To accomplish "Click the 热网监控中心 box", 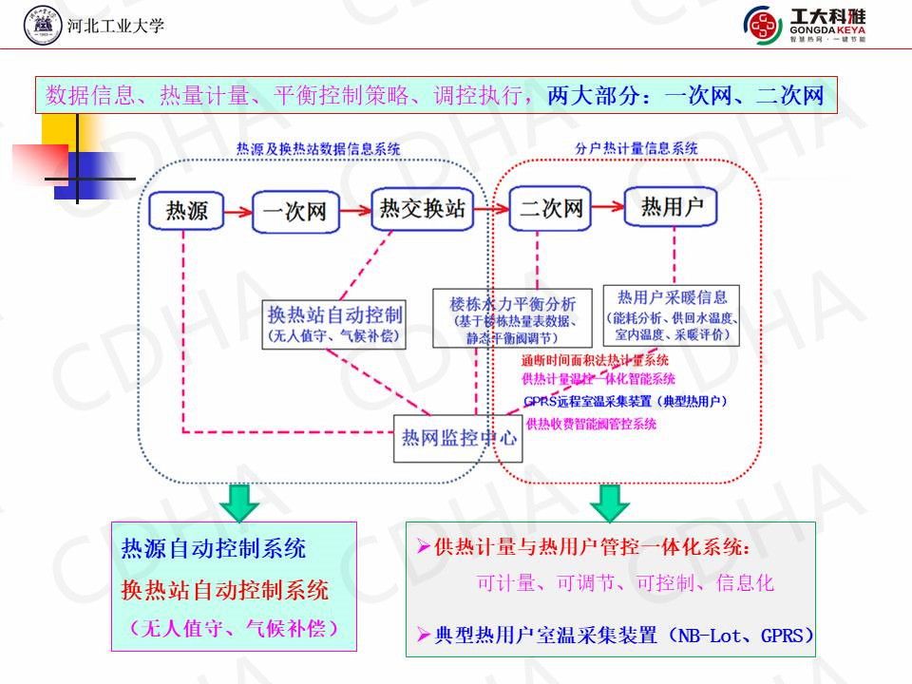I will [x=458, y=438].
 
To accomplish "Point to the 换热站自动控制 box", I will [x=334, y=324].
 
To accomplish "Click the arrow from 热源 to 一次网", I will [x=237, y=210].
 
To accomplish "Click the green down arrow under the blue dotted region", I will [x=242, y=502].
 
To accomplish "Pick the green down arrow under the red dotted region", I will [x=609, y=502].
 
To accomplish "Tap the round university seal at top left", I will [x=43, y=26].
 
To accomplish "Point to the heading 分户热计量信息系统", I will [x=636, y=148].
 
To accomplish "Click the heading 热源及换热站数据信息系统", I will [x=318, y=148].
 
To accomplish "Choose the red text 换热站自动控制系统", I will [x=225, y=590].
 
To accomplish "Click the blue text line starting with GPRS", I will [x=625, y=402].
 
